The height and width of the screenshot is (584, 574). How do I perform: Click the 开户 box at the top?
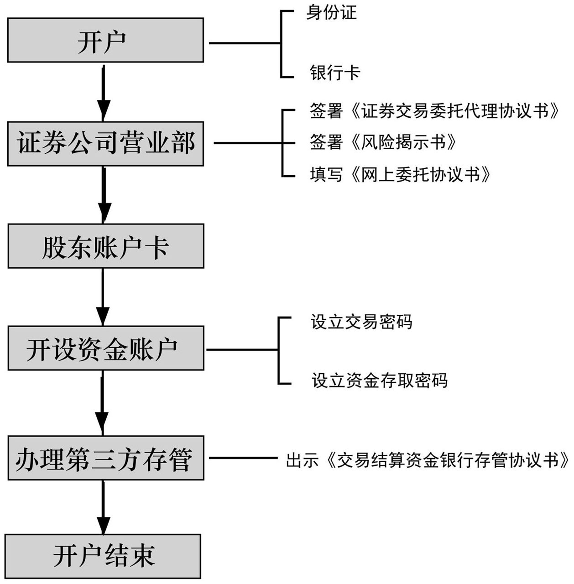pos(105,40)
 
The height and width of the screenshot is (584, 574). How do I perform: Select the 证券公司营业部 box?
pos(105,143)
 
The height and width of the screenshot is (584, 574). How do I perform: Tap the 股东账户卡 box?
pos(105,246)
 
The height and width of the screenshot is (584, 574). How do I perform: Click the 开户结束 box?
pos(103,556)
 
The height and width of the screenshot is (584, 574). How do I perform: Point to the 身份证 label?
pos(331,12)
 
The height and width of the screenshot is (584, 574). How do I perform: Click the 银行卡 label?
pos(335,73)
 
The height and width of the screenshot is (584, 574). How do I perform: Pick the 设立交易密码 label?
pos(361,322)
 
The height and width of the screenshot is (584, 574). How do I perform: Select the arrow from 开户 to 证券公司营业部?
pos(104,91)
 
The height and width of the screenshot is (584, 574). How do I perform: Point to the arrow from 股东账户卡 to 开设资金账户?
pos(103,297)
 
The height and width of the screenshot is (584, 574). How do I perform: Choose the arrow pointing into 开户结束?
pos(104,506)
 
